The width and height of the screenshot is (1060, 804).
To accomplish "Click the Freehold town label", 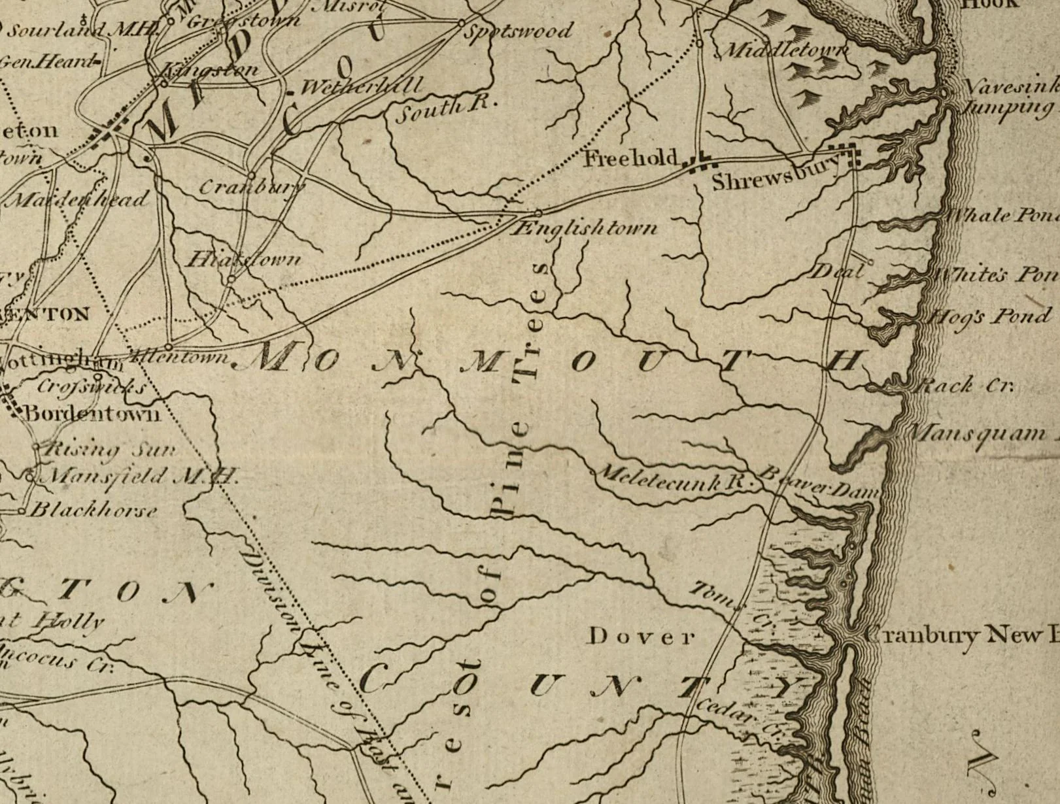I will pyautogui.click(x=630, y=158).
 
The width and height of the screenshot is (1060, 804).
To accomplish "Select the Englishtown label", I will pyautogui.click(x=585, y=228).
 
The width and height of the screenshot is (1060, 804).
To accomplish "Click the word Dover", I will pyautogui.click(x=641, y=636).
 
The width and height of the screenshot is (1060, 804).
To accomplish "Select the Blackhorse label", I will pyautogui.click(x=93, y=510).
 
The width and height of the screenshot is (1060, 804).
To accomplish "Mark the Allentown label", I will pyautogui.click(x=180, y=357).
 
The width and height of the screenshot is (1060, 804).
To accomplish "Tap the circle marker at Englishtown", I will pyautogui.click(x=538, y=213).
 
